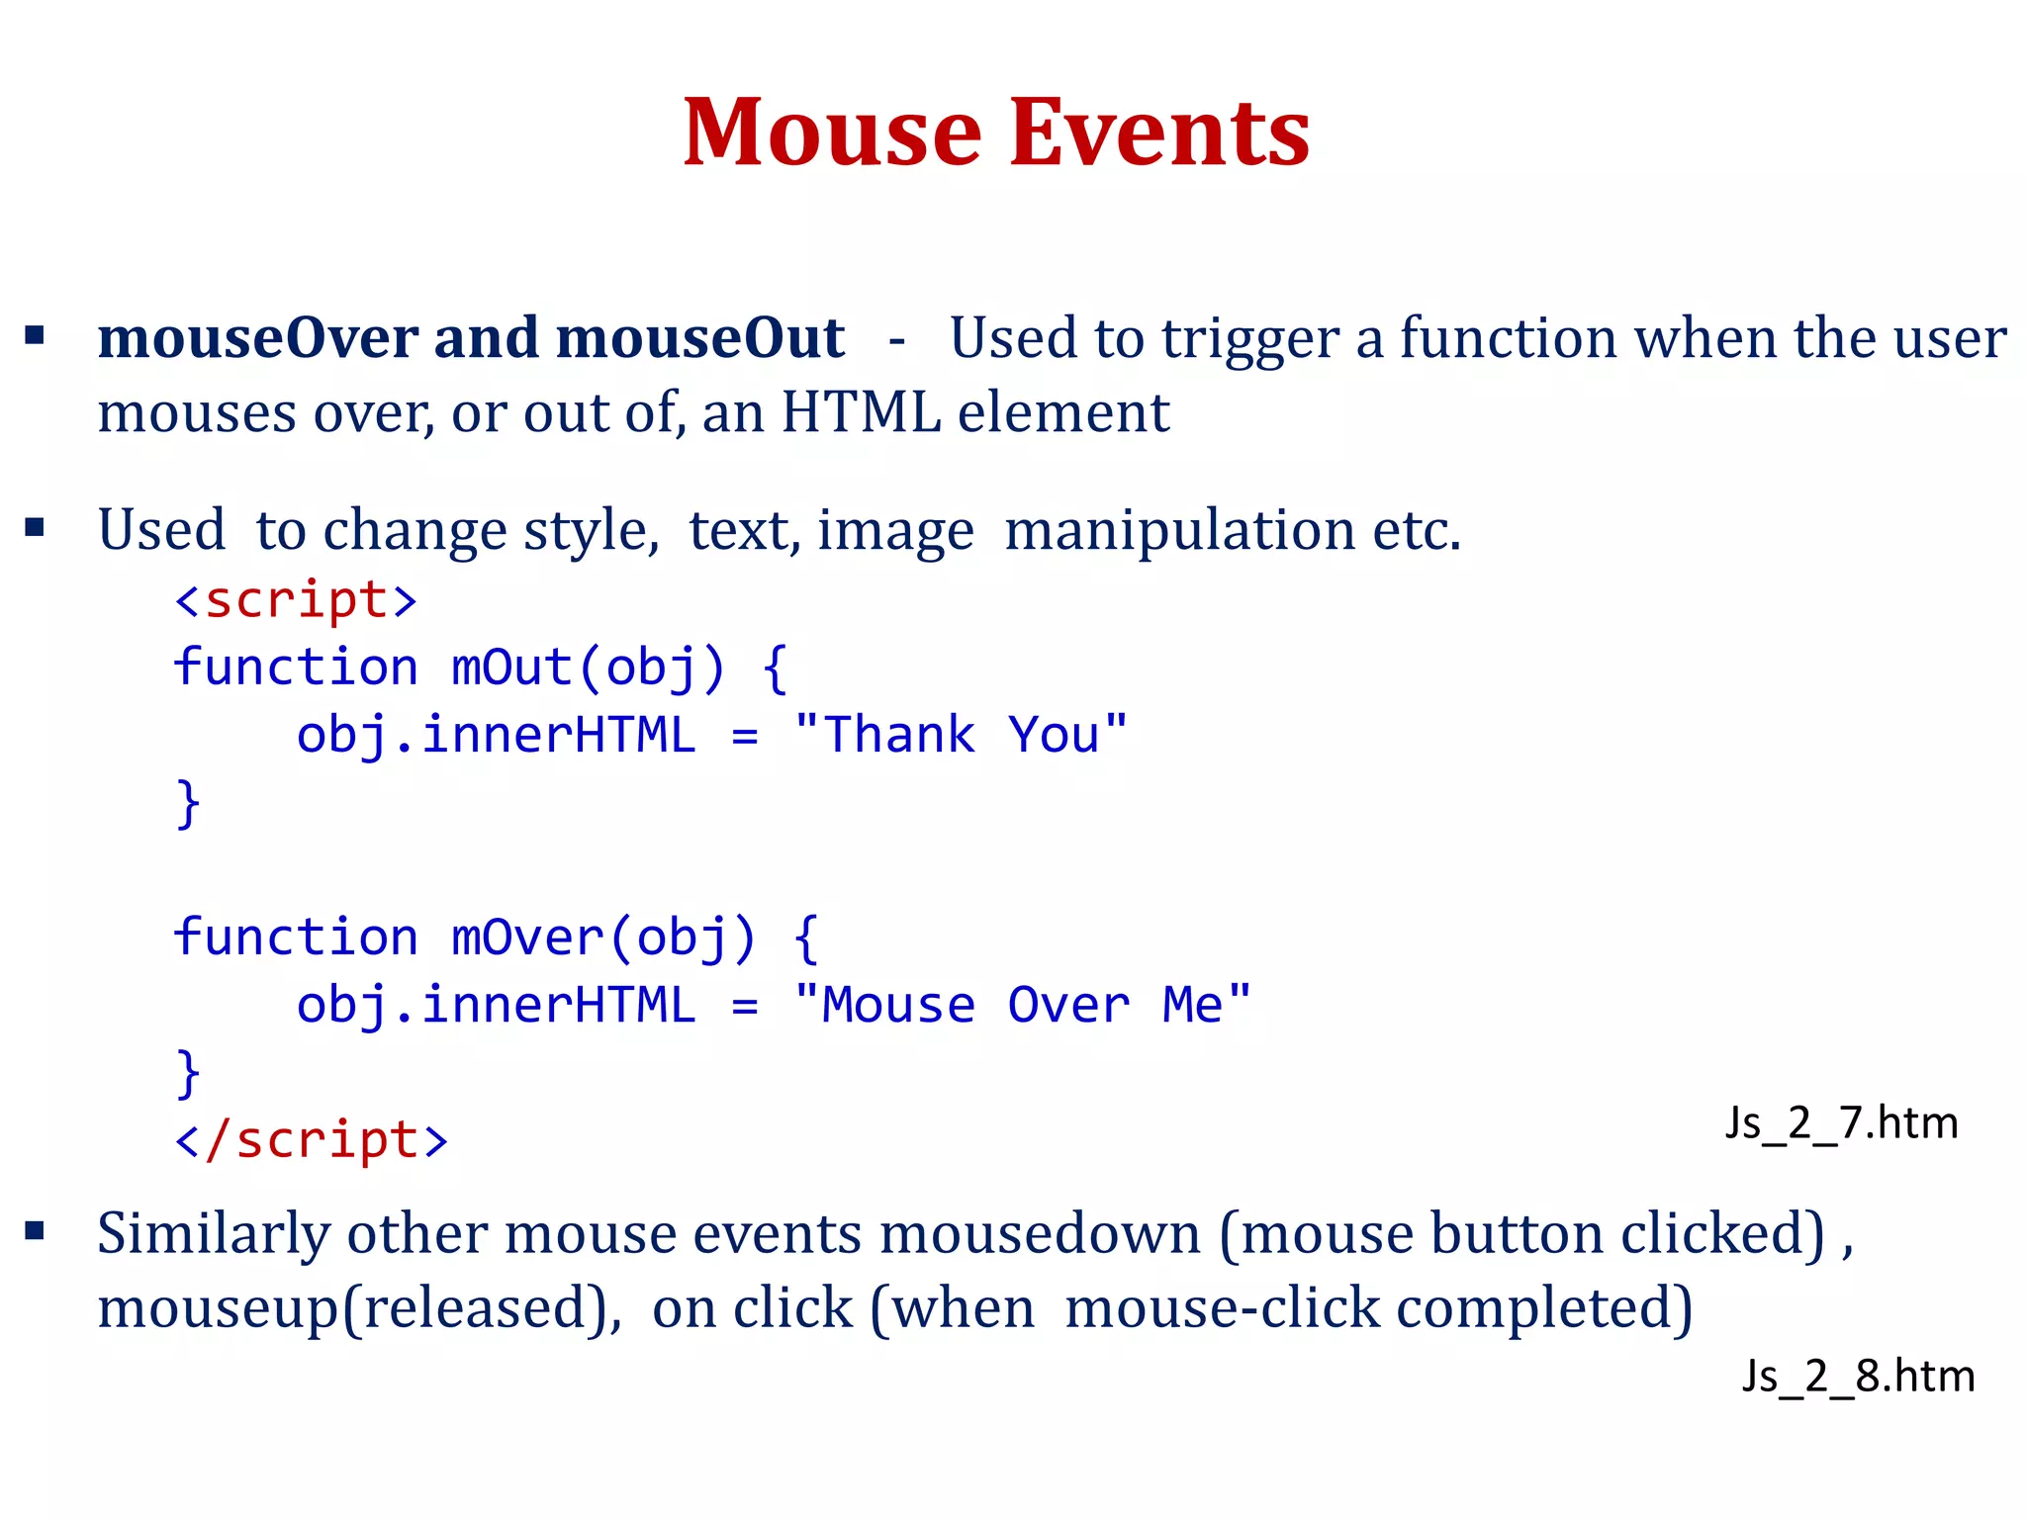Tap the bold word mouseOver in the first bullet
coord(257,338)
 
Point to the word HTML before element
coord(860,412)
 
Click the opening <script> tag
coord(296,600)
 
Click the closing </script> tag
coord(311,1139)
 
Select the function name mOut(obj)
coord(589,667)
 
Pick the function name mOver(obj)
coord(603,937)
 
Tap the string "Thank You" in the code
coord(960,735)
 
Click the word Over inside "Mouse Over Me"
coord(1068,1005)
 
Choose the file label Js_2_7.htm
coord(1841,1123)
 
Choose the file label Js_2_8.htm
coord(1858,1376)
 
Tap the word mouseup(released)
coord(359,1308)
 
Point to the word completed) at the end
coord(1544,1308)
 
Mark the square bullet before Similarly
coord(36,1231)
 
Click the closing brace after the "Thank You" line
coord(187,802)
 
